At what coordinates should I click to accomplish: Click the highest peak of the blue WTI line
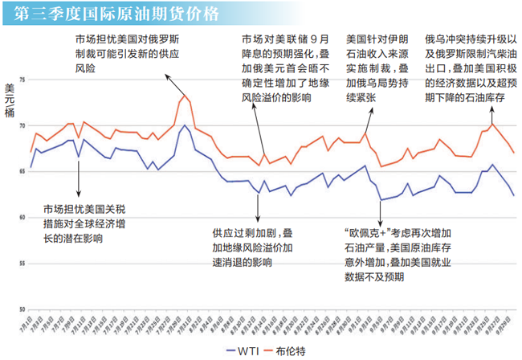(185, 125)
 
